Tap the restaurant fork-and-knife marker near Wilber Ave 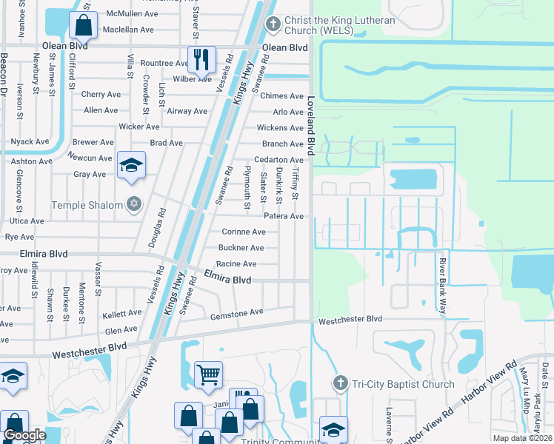[x=201, y=58]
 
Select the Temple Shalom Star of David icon [x=133, y=204]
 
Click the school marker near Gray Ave [x=131, y=165]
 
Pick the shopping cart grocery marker [x=208, y=374]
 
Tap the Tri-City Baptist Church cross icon [x=340, y=383]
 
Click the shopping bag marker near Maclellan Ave [x=84, y=26]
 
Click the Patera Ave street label [x=284, y=216]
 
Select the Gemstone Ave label [x=237, y=313]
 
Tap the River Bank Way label [x=442, y=286]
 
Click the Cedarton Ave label [x=278, y=160]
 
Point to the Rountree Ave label [x=164, y=64]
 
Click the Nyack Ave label [x=30, y=141]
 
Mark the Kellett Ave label [x=121, y=314]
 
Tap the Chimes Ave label [x=282, y=96]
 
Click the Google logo [x=24, y=435]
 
